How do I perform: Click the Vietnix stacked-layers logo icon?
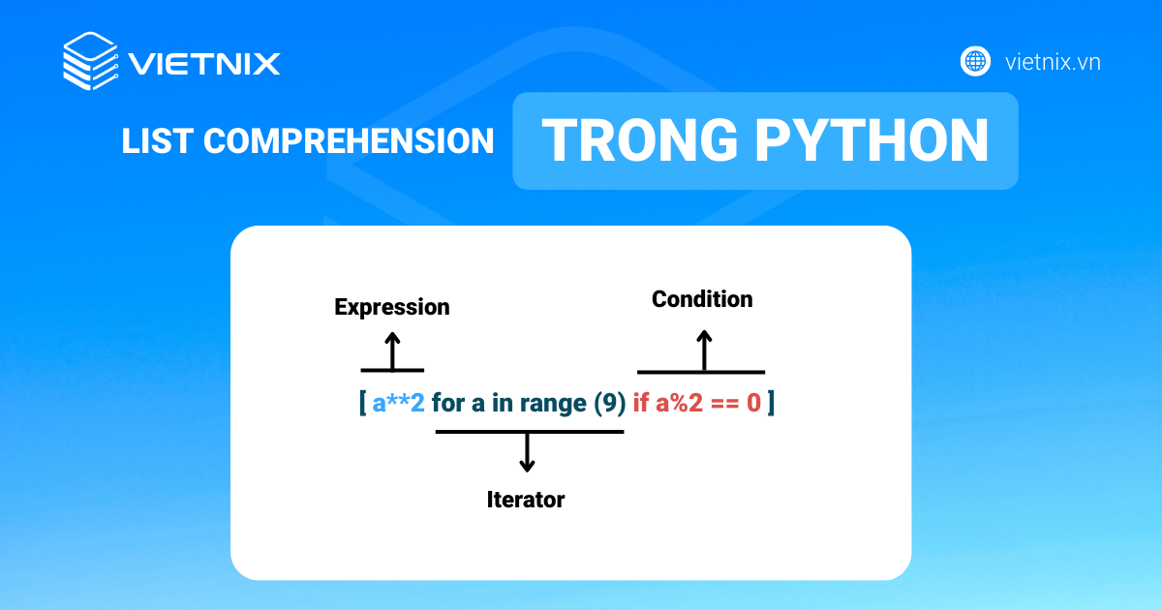[x=90, y=62]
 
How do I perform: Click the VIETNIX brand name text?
[x=204, y=64]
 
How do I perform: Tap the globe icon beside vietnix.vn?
[x=975, y=62]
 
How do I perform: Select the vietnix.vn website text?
[x=1053, y=63]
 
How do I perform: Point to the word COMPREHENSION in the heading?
[x=349, y=141]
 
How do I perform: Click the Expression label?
[x=392, y=307]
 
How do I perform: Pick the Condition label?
[x=702, y=299]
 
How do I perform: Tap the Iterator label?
[x=526, y=500]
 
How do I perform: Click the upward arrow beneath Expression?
[x=392, y=350]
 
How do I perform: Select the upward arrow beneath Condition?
[x=704, y=350]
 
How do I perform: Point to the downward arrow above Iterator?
[x=527, y=452]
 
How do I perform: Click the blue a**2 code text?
[x=398, y=403]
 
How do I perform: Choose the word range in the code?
[x=553, y=403]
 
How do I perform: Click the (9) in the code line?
[x=609, y=403]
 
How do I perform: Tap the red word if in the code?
[x=640, y=403]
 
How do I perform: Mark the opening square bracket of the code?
[x=362, y=403]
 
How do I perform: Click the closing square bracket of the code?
[x=771, y=403]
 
